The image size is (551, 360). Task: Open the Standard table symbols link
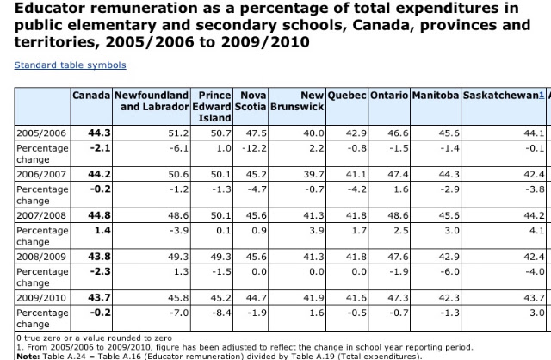[71, 65]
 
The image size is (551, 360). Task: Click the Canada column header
[91, 96]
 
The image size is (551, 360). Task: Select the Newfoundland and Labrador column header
[152, 101]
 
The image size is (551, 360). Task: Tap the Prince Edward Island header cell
[212, 107]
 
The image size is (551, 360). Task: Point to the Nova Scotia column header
[251, 101]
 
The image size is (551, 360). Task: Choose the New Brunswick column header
[297, 101]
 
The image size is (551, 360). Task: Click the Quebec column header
[347, 96]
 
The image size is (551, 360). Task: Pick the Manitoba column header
[436, 96]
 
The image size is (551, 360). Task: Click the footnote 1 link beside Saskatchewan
[542, 95]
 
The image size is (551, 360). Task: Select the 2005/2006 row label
[41, 133]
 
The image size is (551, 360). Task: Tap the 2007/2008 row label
[41, 215]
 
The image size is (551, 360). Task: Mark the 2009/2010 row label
[41, 298]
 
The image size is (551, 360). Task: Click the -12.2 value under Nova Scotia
[255, 148]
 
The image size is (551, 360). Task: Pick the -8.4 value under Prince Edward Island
[221, 313]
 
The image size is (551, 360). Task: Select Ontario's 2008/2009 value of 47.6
[398, 257]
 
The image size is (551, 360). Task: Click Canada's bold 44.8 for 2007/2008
[100, 215]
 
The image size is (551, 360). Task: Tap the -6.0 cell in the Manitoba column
[449, 271]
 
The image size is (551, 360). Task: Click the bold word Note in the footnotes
[28, 357]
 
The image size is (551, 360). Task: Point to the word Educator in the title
[50, 8]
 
